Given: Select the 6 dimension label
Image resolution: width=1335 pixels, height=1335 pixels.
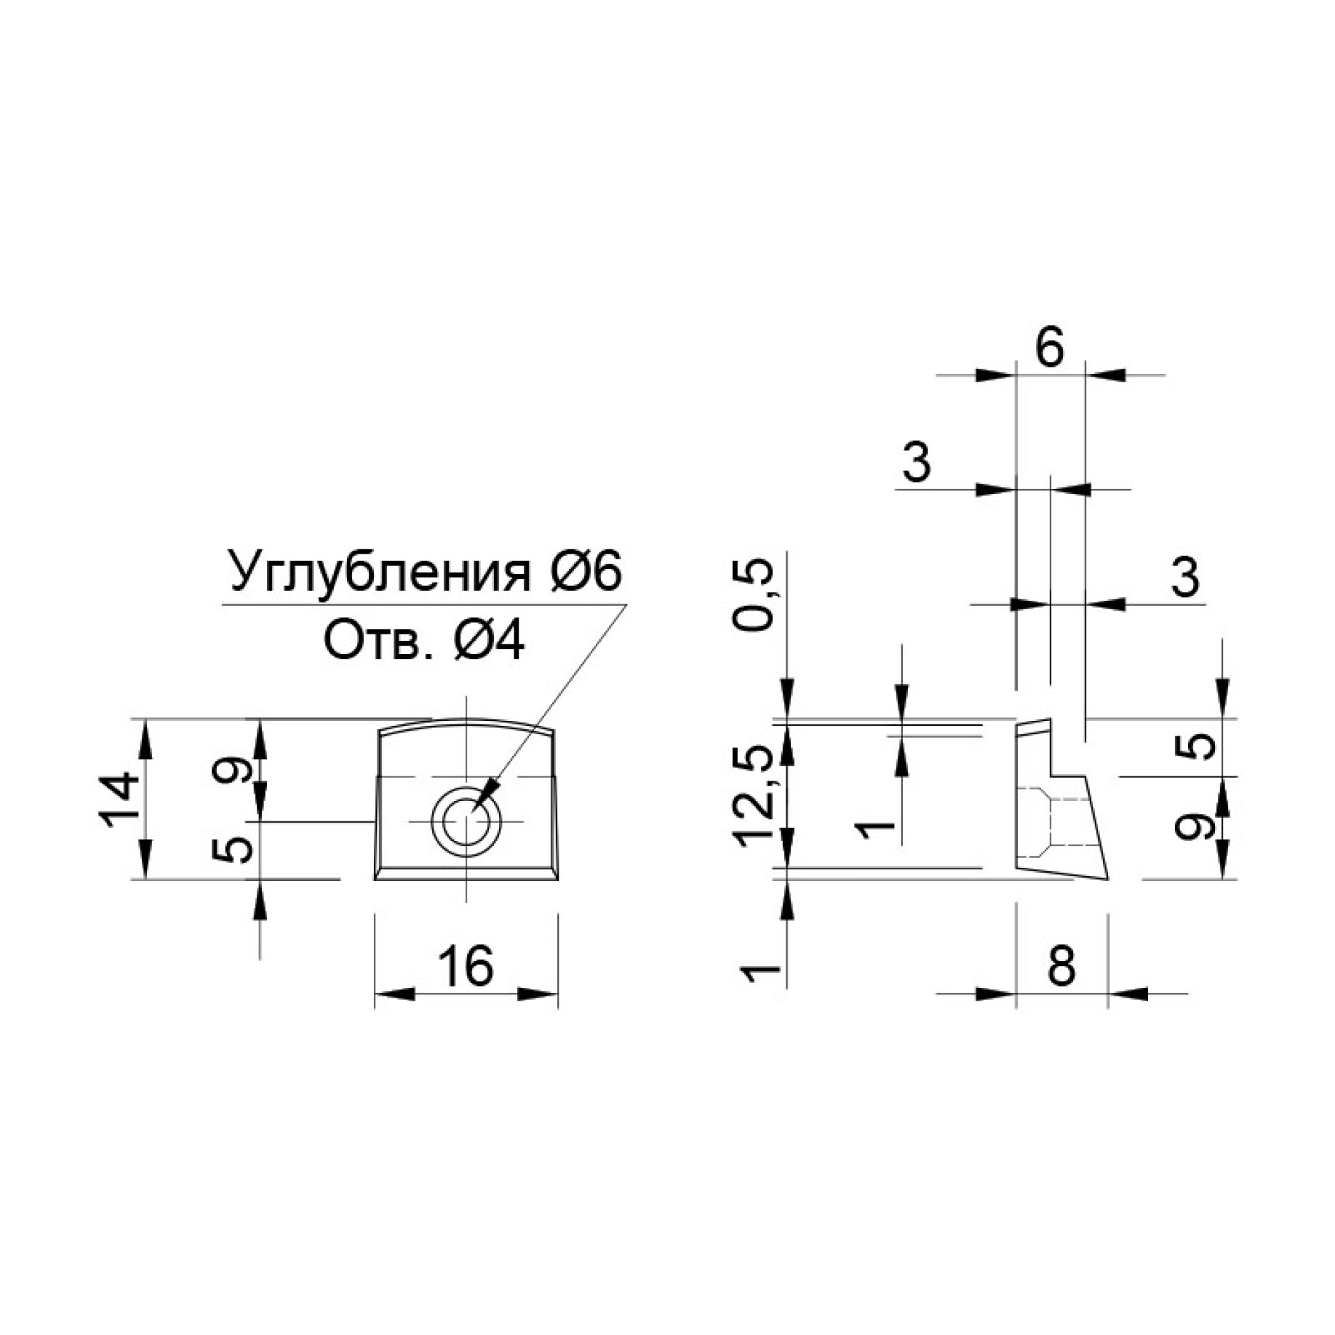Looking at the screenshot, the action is click(x=1050, y=348).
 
